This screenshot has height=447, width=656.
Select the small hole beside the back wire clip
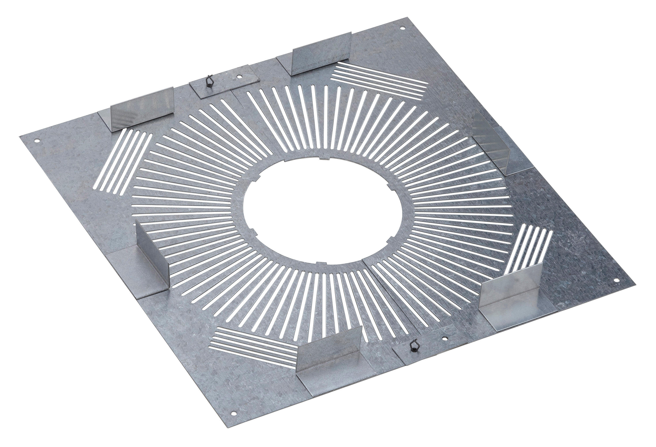[239, 76]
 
